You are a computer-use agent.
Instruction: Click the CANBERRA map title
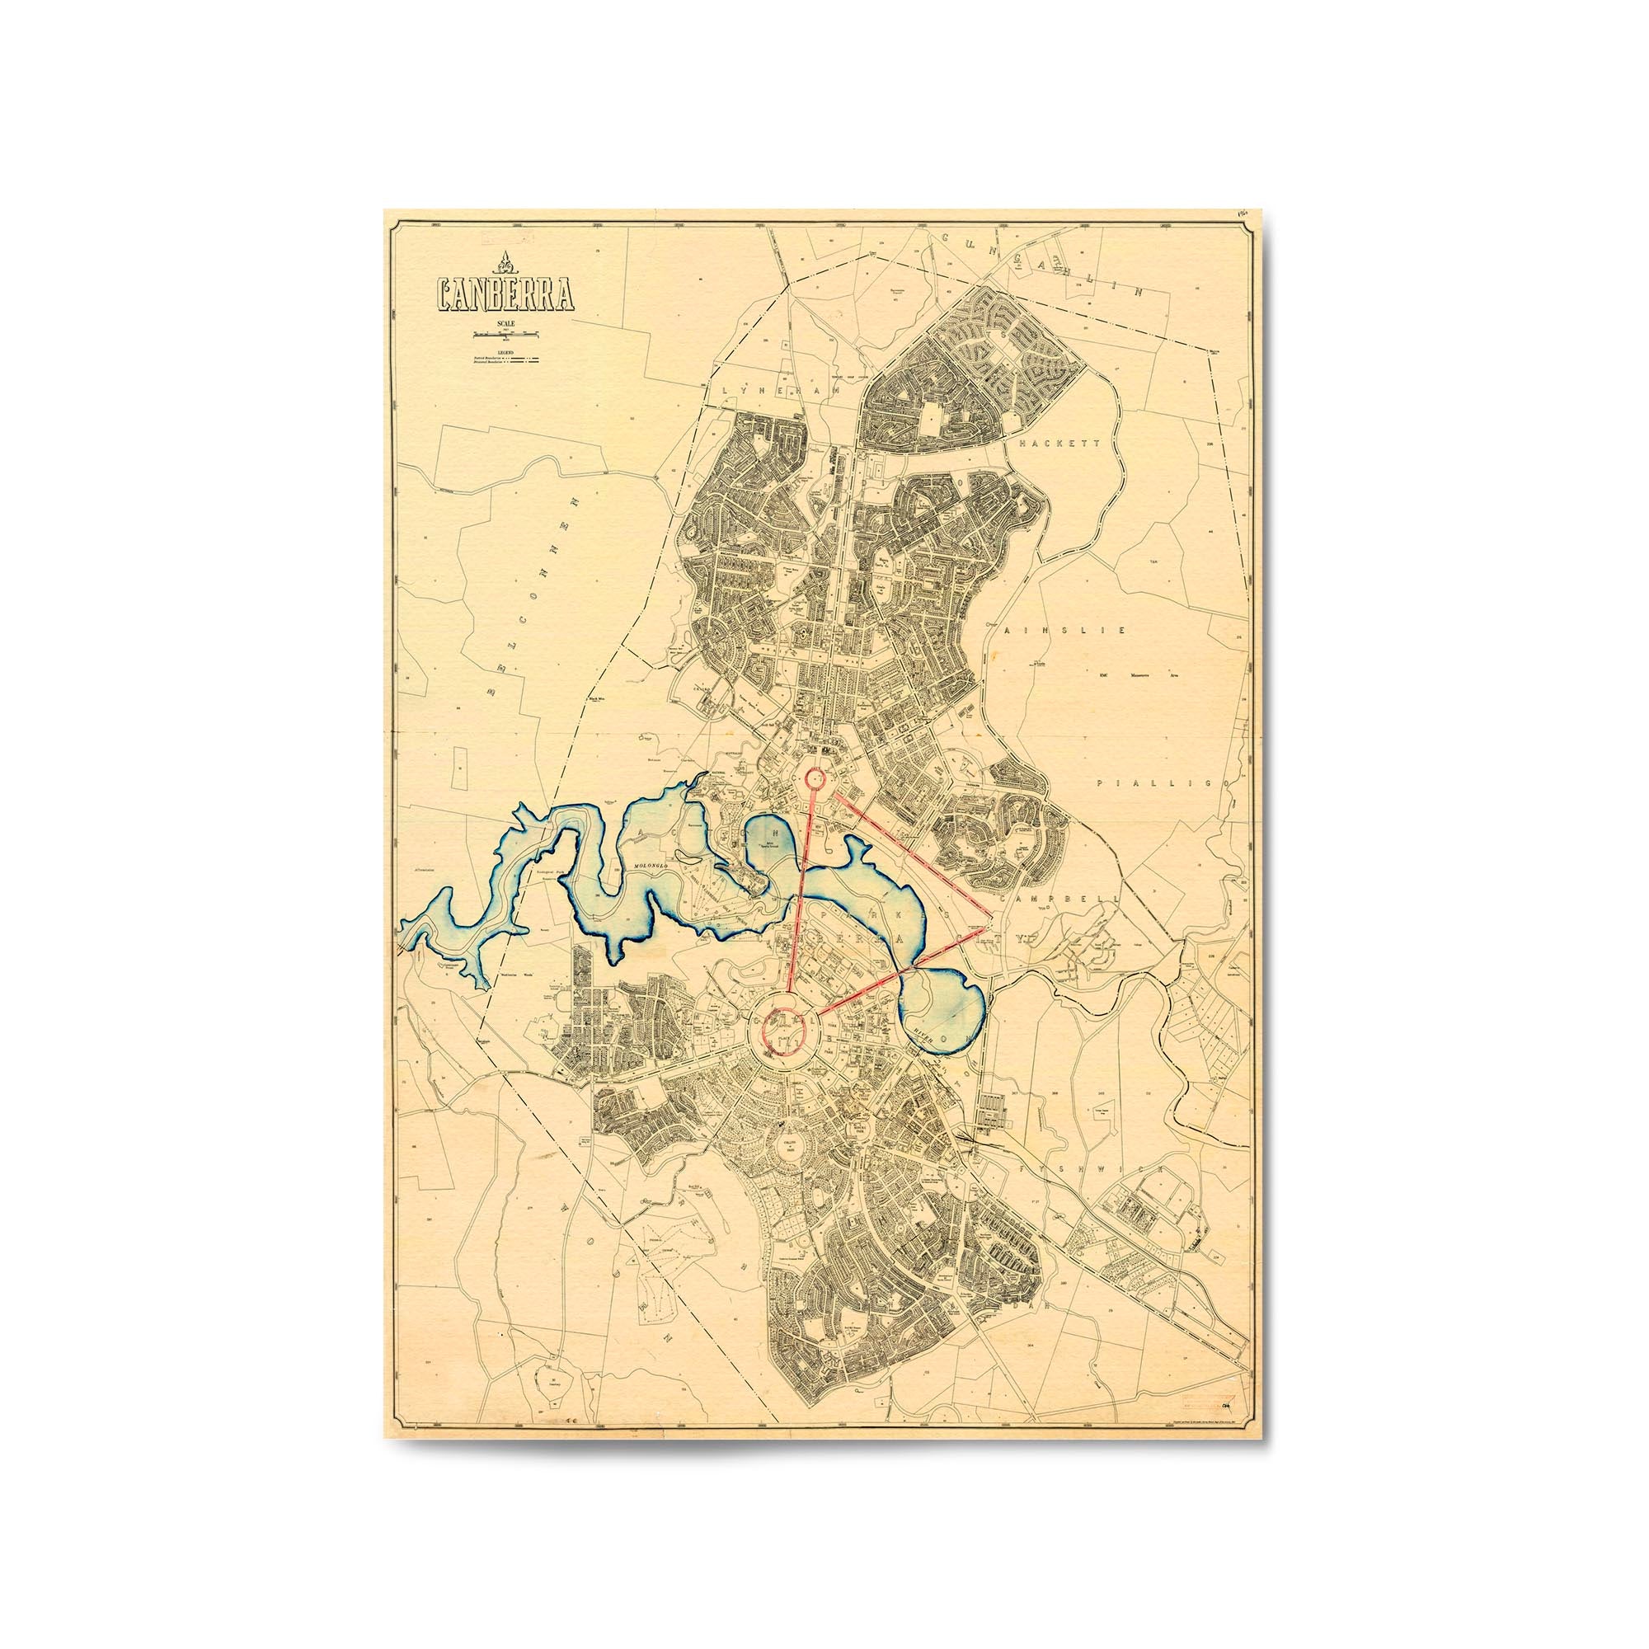[505, 295]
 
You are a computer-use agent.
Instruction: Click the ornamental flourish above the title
[505, 265]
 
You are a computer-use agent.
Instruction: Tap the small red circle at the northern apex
[815, 778]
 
